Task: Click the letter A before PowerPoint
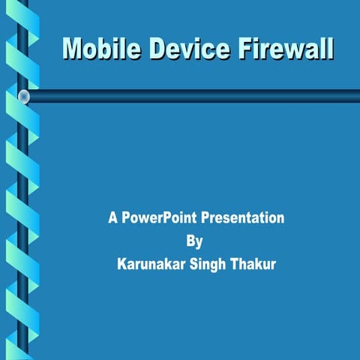[x=112, y=218]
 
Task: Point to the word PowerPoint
[x=160, y=218]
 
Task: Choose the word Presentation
[x=243, y=218]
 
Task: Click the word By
[x=193, y=241]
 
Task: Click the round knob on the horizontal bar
[x=24, y=96]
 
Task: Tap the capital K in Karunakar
[x=121, y=265]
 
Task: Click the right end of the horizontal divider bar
[x=355, y=96]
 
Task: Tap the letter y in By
[x=199, y=243]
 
